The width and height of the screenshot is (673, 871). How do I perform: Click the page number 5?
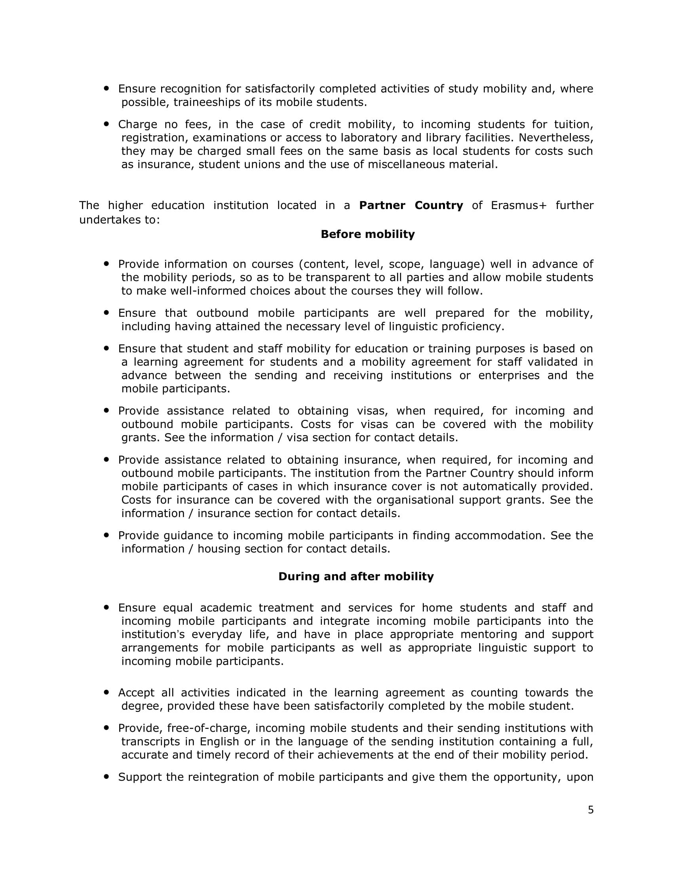coord(591,810)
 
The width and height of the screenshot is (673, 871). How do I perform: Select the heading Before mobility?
coord(368,234)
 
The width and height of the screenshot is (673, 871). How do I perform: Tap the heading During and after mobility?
coord(356,576)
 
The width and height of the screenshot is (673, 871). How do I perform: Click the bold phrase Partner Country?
coord(411,205)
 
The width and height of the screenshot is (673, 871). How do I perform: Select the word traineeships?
coord(207,103)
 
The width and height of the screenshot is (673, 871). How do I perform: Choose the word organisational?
coord(415,500)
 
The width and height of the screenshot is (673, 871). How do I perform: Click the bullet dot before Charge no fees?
coord(106,124)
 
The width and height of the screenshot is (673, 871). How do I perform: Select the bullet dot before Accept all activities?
coord(106,693)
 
